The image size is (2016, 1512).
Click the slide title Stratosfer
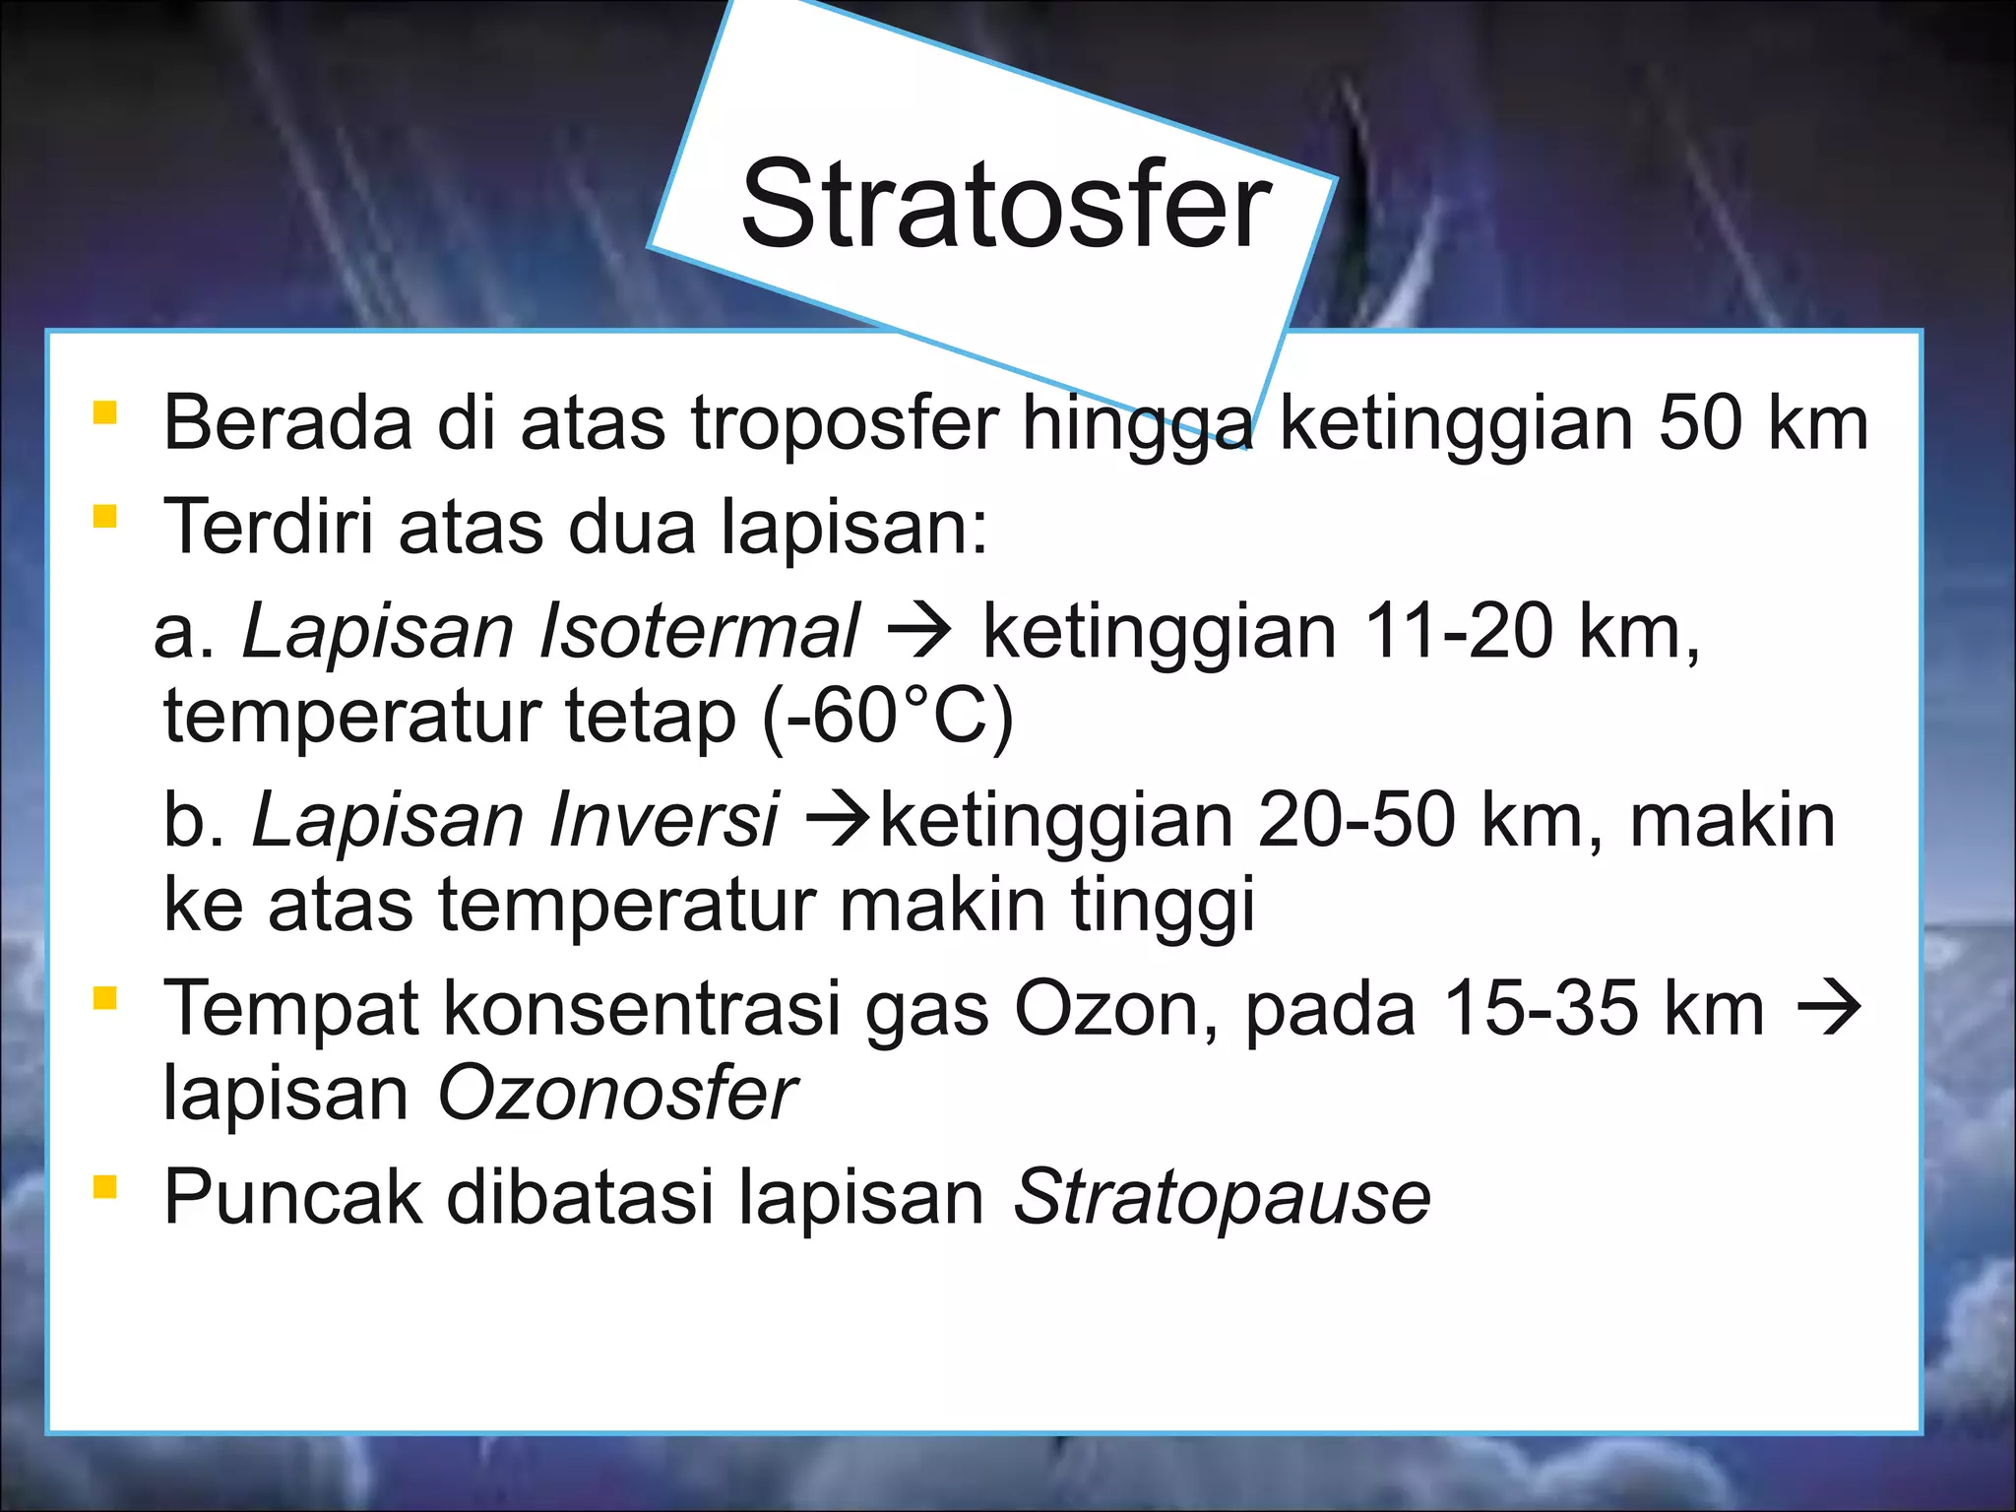coord(1006,206)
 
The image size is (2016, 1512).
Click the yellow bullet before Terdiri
coord(104,516)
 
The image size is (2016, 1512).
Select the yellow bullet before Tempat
coord(104,998)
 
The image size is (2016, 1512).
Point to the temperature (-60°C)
coord(888,717)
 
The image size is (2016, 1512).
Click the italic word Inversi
coord(663,820)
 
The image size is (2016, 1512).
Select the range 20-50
coord(1355,820)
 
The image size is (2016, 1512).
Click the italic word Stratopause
coord(1222,1198)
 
